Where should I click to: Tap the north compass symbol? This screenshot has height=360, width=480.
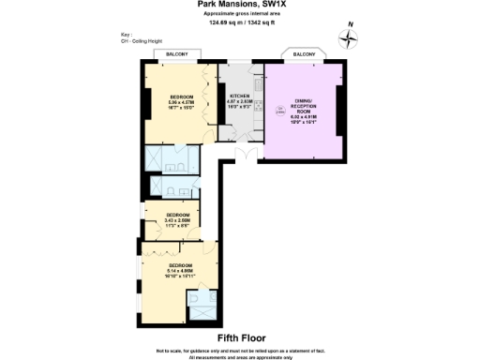(351, 38)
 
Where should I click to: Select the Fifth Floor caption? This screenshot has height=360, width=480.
(241, 337)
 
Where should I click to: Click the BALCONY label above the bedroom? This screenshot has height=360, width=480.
(176, 54)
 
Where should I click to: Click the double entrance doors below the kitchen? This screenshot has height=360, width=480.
(246, 155)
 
